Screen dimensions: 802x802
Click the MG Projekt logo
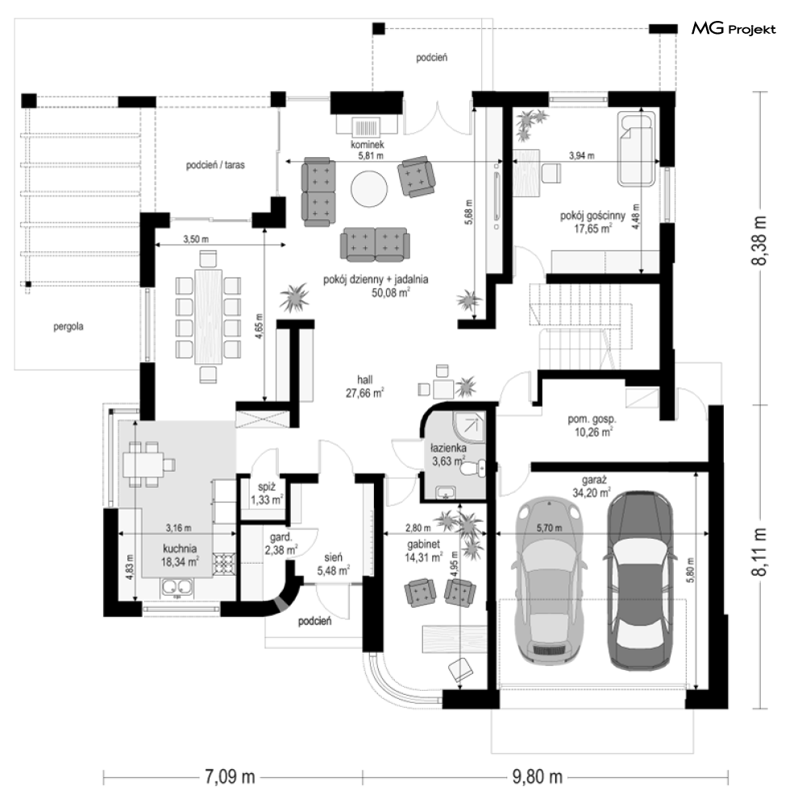pos(733,29)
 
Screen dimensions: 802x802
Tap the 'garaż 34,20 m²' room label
pos(592,486)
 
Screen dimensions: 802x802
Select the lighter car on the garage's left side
pos(550,580)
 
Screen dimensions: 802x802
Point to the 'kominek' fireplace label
pos(368,145)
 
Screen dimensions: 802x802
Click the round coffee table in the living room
pos(369,188)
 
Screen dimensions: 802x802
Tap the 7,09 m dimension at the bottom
pos(230,777)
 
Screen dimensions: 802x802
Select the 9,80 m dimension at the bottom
pos(538,777)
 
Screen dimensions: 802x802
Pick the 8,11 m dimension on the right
pos(759,552)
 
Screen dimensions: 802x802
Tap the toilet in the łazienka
pos(474,468)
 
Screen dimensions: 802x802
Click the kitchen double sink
pos(177,588)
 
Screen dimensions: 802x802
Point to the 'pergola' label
pos(69,326)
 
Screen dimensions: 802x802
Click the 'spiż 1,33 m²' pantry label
pos(267,494)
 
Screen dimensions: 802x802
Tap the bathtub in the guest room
pos(637,148)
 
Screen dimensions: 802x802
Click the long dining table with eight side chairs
pos(208,316)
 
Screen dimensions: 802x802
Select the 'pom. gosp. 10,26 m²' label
pos(592,425)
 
